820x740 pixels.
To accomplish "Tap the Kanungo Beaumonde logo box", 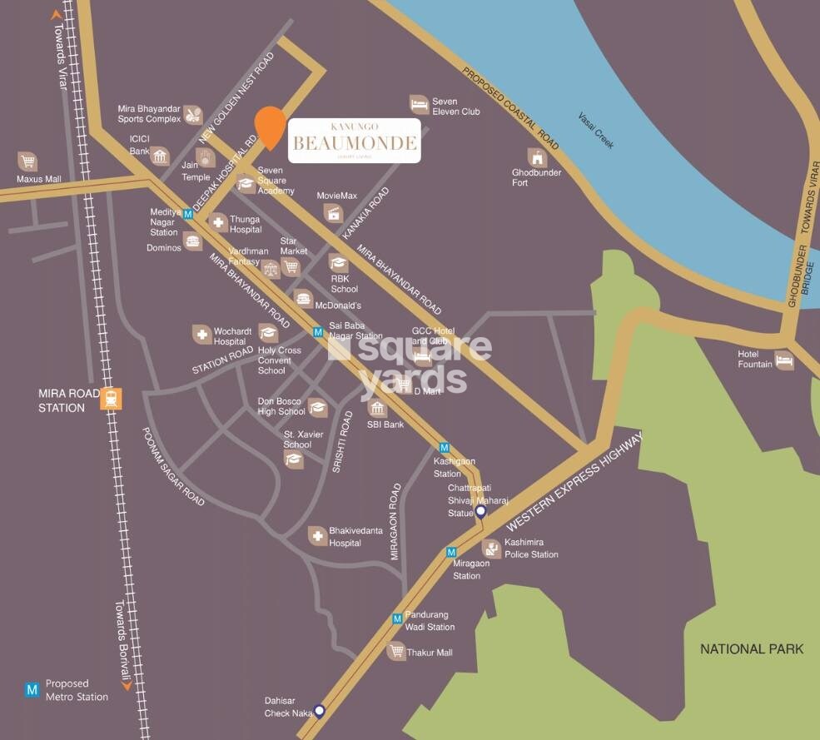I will tap(354, 141).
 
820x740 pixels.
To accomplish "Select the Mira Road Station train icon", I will tap(110, 399).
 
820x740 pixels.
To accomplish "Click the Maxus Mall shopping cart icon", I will tap(27, 161).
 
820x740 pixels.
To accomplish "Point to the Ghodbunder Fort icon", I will tap(537, 156).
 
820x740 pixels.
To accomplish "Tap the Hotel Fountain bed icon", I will tap(784, 360).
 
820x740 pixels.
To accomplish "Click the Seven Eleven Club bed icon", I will tap(420, 104).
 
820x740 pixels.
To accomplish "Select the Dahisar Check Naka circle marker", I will tap(319, 710).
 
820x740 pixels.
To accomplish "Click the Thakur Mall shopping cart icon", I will tap(396, 652).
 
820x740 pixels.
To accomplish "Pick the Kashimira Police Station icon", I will tap(491, 548).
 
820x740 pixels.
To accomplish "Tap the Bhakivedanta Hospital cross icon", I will tap(317, 535).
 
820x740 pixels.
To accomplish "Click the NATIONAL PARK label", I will tap(752, 648).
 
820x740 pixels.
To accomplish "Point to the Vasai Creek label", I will tap(596, 131).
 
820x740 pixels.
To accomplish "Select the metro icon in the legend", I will tap(32, 689).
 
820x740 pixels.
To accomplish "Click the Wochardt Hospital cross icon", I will tap(201, 335).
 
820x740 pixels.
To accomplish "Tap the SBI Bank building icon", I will tap(377, 409).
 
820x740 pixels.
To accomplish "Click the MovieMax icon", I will tap(334, 213).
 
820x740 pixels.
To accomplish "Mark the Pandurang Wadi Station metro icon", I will tap(398, 618).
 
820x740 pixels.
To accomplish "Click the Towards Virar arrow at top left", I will tap(57, 14).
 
